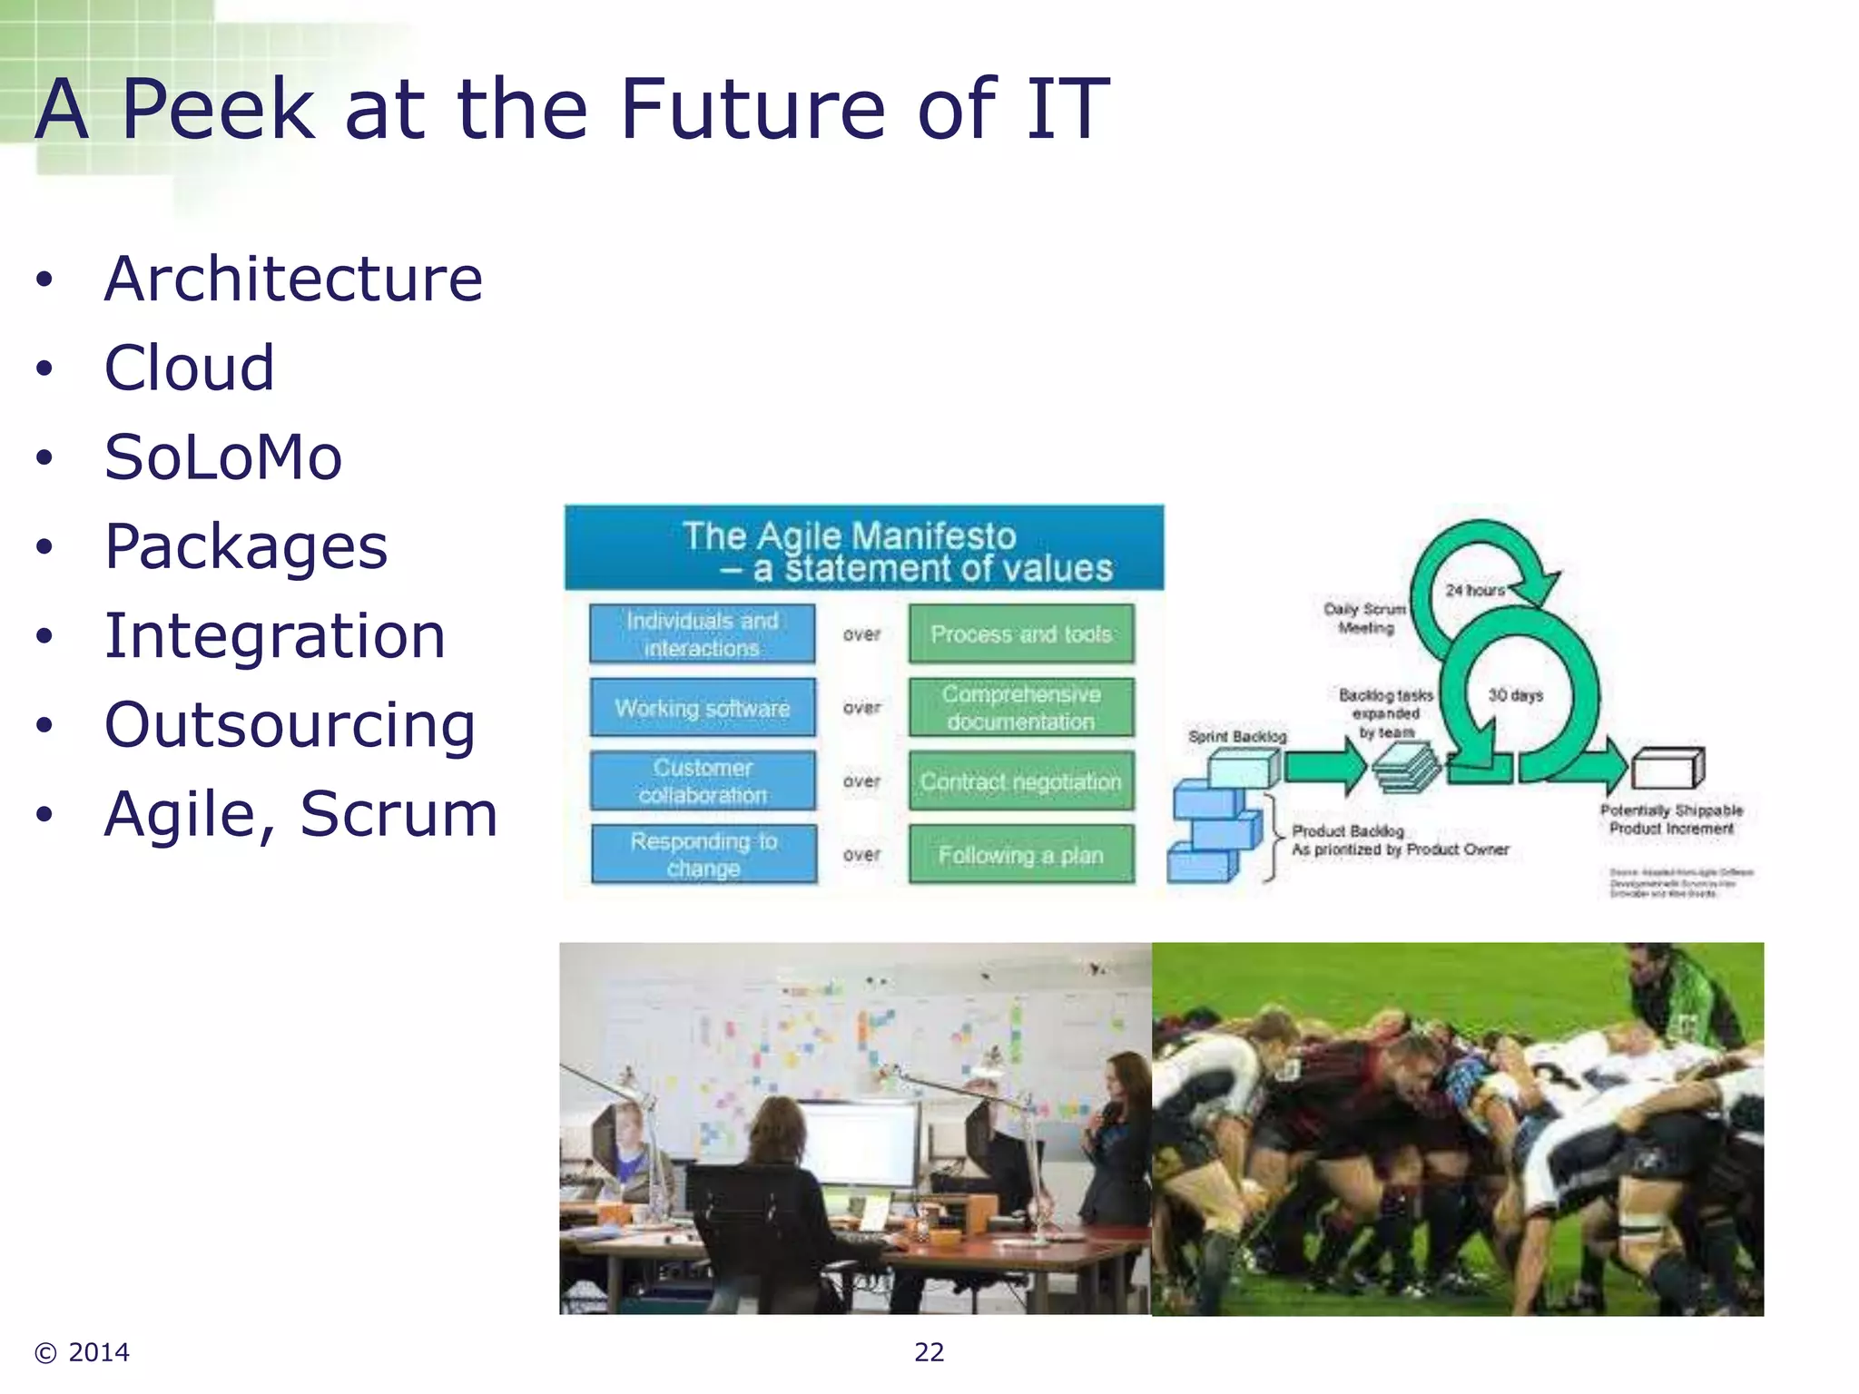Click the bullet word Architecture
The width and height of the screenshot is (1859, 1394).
293,279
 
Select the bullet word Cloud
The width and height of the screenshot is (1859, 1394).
189,368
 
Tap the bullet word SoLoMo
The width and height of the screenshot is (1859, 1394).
223,456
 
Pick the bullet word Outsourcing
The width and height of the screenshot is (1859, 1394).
290,724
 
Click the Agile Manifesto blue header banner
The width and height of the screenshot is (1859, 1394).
863,549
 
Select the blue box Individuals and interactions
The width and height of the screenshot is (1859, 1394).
702,633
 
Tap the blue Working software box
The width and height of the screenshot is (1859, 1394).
702,707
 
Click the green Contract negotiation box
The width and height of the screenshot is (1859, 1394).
1021,780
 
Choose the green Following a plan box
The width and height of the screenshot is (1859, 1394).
1021,854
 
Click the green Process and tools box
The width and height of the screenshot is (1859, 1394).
1021,633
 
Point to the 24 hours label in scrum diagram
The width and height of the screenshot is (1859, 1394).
1474,590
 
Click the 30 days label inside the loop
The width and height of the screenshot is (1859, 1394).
1515,695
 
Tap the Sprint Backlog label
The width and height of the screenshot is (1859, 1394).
1237,736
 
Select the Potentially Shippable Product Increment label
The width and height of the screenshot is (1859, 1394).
1671,819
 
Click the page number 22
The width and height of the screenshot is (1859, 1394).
929,1352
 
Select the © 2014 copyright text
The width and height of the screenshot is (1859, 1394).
83,1352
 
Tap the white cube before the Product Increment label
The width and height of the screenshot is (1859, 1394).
1667,769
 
